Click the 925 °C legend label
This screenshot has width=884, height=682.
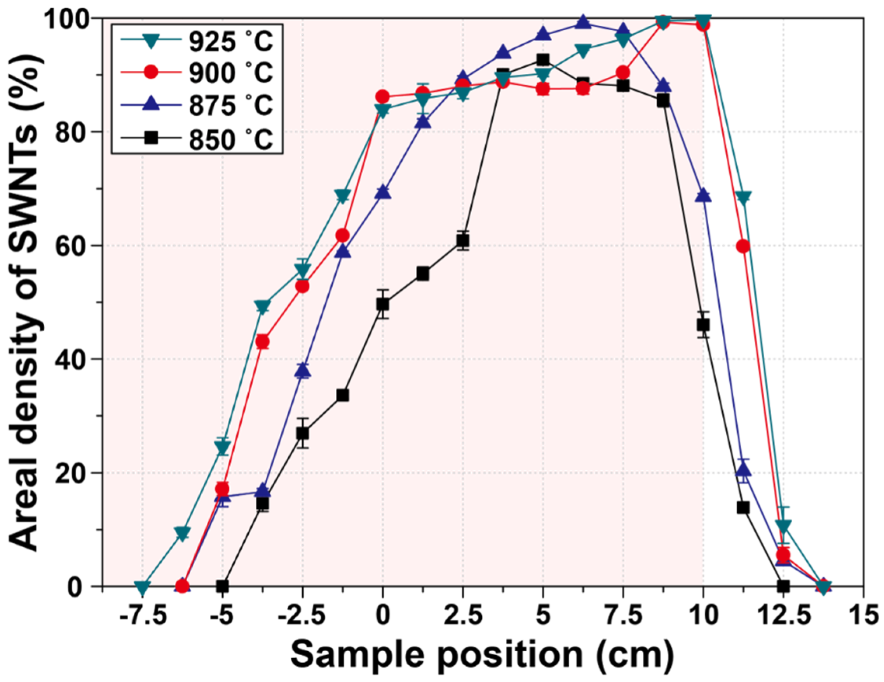click(231, 42)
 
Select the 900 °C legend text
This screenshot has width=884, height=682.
click(231, 74)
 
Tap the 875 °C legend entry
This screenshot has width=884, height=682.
click(231, 105)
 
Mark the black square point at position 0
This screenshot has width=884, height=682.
click(382, 304)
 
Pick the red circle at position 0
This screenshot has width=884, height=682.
click(382, 97)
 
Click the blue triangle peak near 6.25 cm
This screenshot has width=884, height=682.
click(583, 22)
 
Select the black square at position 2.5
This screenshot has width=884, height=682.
click(463, 241)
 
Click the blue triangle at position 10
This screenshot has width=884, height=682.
click(703, 195)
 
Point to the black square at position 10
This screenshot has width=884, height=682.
click(703, 325)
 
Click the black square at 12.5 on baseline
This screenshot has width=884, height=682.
click(783, 586)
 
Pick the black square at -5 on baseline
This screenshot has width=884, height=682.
click(222, 586)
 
